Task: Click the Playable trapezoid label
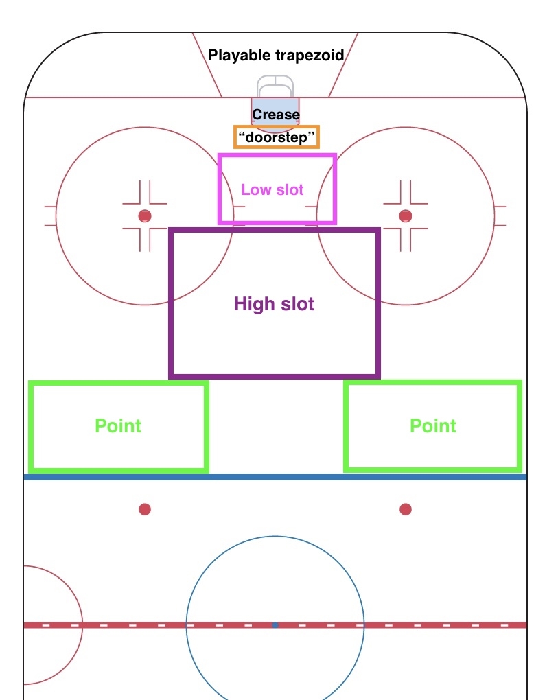[276, 56]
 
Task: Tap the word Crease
[276, 115]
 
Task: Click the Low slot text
[272, 189]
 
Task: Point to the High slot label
[274, 303]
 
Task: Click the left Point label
[118, 425]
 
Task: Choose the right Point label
[433, 425]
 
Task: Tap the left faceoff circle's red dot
[145, 216]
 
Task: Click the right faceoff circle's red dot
[406, 216]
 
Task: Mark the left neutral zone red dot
[145, 509]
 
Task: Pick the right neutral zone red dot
[406, 509]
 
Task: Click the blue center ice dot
[275, 625]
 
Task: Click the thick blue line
[275, 477]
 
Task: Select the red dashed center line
[275, 625]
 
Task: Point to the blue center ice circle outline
[275, 536]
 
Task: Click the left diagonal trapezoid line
[207, 65]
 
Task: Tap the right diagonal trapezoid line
[343, 65]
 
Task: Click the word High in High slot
[254, 304]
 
